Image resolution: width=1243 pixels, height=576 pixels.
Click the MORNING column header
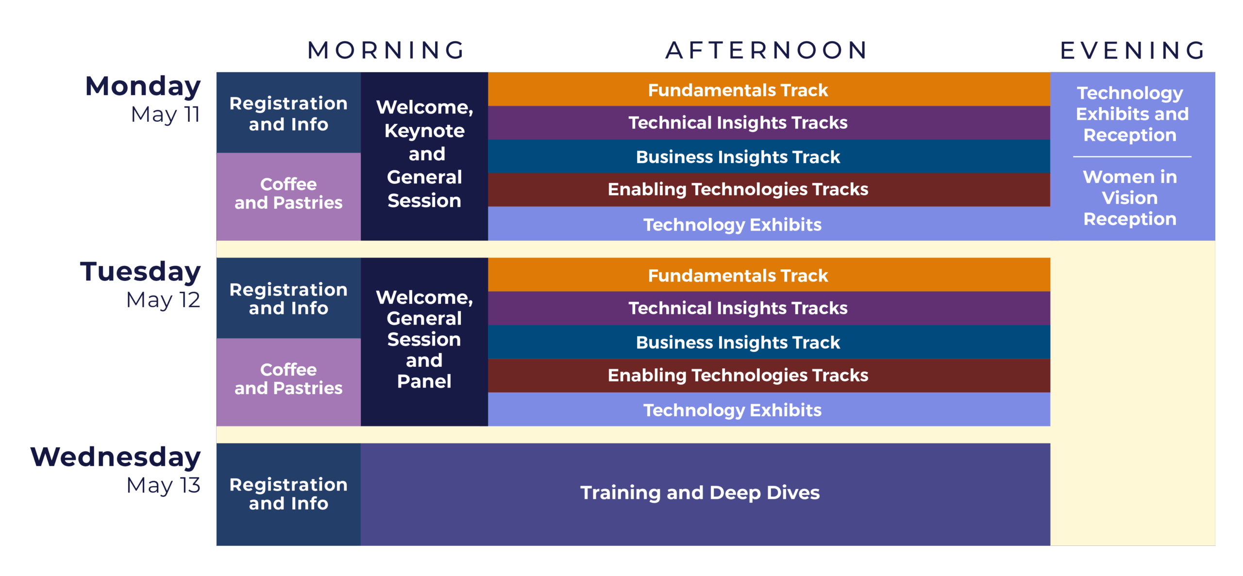[x=386, y=50]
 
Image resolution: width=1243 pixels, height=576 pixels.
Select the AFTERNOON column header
[x=767, y=50]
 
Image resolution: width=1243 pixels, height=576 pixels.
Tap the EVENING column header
[x=1132, y=50]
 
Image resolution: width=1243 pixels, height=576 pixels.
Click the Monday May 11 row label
[x=143, y=99]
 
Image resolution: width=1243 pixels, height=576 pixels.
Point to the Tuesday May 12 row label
[x=140, y=285]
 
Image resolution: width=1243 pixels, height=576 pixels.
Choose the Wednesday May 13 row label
[x=116, y=470]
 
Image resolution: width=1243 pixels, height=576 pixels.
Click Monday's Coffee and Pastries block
[x=288, y=197]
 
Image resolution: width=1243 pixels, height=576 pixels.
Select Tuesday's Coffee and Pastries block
[x=288, y=382]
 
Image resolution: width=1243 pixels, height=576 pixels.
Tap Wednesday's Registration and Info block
[x=288, y=494]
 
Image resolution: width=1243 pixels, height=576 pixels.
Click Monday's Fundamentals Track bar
[x=769, y=89]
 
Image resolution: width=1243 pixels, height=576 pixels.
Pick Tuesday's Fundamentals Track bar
[x=769, y=275]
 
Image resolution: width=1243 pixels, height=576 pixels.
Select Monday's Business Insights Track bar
[x=769, y=156]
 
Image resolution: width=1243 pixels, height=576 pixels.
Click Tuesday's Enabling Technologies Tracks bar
[x=769, y=375]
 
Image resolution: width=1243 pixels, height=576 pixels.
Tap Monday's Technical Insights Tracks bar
[x=769, y=123]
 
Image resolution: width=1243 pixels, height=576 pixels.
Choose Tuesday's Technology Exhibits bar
[x=769, y=409]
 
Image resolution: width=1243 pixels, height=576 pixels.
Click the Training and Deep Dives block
[x=705, y=494]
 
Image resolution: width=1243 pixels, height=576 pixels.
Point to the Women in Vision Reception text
[x=1130, y=197]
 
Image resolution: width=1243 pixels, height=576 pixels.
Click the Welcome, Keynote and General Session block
[x=424, y=156]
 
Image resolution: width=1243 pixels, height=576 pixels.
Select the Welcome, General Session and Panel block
[x=424, y=342]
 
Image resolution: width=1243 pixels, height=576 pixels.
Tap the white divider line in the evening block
[x=1132, y=157]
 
